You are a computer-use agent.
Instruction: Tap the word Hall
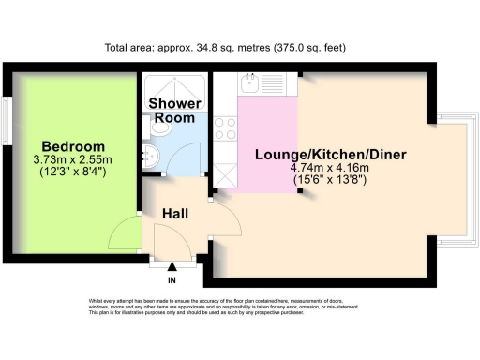pos(174,214)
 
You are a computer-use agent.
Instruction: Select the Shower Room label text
pos(174,111)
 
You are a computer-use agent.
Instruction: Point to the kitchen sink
pos(252,86)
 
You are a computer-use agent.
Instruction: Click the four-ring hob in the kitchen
pos(225,127)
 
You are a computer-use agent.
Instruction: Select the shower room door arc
pos(184,159)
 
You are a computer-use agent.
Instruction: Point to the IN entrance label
pos(172,279)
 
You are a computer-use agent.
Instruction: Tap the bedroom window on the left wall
pos(7,119)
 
